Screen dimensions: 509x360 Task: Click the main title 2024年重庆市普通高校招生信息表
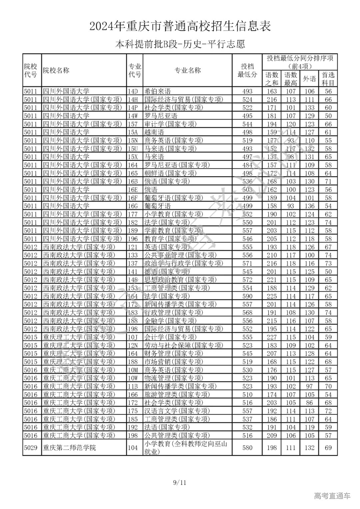click(180, 26)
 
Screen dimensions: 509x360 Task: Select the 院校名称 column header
click(56, 70)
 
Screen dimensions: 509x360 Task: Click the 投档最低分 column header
click(247, 70)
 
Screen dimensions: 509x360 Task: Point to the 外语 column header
click(309, 79)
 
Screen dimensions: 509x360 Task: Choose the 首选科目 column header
click(328, 79)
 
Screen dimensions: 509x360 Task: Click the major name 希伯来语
click(157, 91)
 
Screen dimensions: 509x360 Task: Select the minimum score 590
click(247, 296)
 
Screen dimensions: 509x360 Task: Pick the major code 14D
click(133, 91)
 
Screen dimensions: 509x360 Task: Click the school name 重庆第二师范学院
click(69, 448)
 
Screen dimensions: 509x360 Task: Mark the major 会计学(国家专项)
click(170, 337)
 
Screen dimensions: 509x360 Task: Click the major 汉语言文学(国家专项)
click(177, 411)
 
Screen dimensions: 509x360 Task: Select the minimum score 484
click(247, 165)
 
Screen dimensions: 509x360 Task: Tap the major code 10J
click(133, 337)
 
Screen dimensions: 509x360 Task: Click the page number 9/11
click(180, 483)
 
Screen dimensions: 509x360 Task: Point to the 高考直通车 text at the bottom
click(332, 496)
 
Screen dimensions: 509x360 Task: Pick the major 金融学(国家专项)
click(170, 321)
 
